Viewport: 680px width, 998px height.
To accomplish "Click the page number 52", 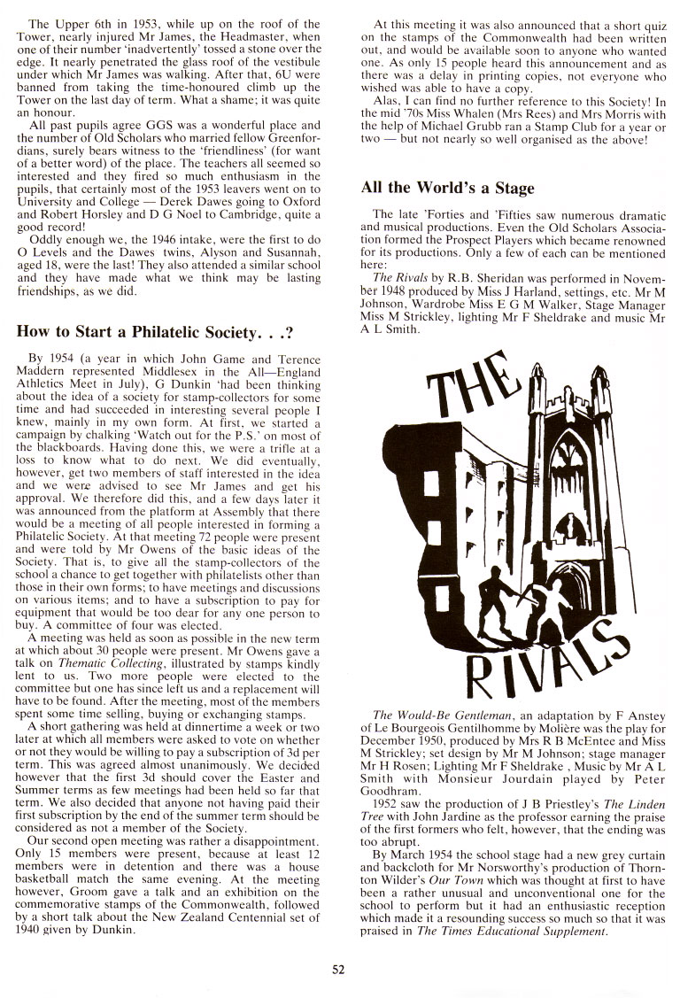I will pyautogui.click(x=338, y=969).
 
